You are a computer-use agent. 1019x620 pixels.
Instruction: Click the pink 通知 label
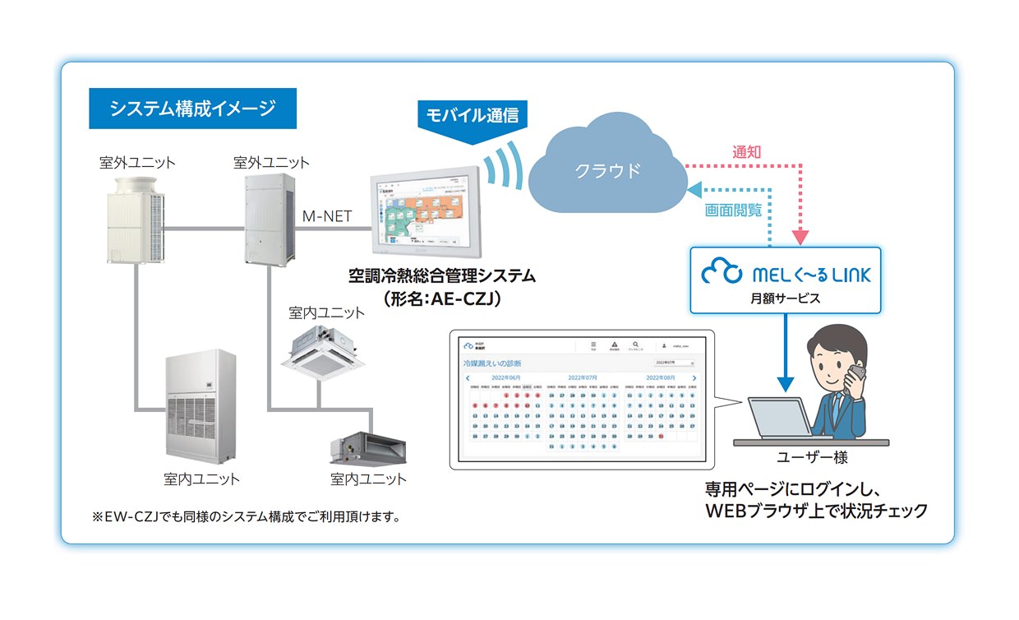(x=747, y=152)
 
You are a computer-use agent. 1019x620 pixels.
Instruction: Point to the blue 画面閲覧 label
(x=733, y=211)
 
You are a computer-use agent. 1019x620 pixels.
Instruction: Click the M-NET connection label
(x=327, y=216)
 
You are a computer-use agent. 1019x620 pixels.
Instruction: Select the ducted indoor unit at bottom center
(x=367, y=444)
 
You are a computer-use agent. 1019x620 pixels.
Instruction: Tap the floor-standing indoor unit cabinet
(x=201, y=406)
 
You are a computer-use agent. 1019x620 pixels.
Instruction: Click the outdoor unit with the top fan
(x=136, y=218)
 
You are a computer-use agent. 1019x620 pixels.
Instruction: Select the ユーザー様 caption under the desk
(x=811, y=457)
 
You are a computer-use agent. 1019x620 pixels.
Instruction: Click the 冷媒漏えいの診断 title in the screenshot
(x=492, y=363)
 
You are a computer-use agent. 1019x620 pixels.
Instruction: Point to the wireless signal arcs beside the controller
(x=501, y=169)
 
